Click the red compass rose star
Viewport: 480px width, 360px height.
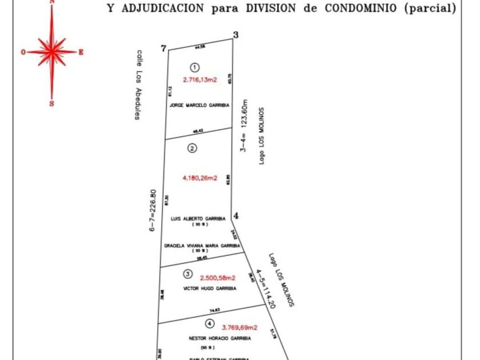tap(52, 51)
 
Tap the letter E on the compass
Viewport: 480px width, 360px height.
tap(81, 52)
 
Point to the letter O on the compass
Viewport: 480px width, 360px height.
tap(23, 52)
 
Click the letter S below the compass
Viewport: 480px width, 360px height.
tap(52, 104)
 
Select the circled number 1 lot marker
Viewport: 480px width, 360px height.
tap(195, 67)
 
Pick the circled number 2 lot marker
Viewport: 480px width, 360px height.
tap(193, 149)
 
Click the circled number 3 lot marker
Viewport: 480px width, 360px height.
tap(188, 274)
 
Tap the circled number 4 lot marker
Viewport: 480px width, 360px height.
tap(210, 324)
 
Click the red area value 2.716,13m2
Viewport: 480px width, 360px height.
tap(200, 80)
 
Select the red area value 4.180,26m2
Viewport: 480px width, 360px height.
tap(200, 178)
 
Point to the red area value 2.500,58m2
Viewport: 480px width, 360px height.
tap(217, 278)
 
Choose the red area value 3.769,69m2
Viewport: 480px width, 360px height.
tap(239, 327)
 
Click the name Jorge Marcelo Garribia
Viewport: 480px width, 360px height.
tap(199, 106)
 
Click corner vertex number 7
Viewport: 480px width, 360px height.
tap(164, 49)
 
